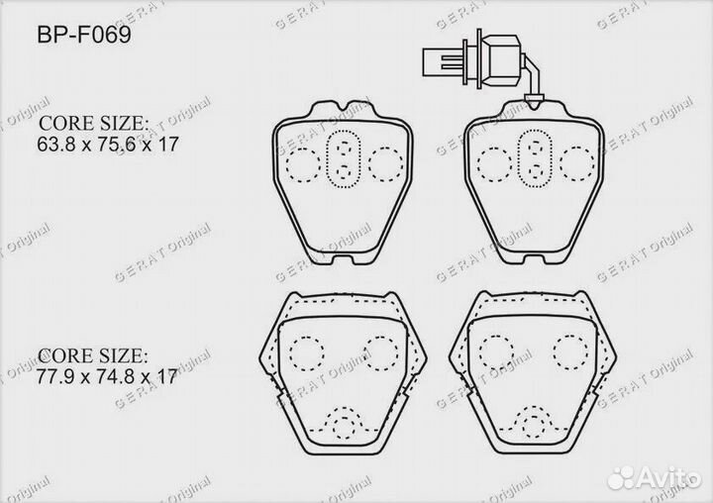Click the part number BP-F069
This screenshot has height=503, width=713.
pyautogui.click(x=84, y=35)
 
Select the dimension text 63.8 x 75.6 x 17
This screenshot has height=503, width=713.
pyautogui.click(x=108, y=145)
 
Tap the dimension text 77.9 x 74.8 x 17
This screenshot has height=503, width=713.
pyautogui.click(x=107, y=376)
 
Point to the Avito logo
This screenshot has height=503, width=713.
pyautogui.click(x=655, y=477)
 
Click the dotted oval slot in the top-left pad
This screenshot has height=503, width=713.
pyautogui.click(x=344, y=158)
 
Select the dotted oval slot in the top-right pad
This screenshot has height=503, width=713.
pyautogui.click(x=535, y=158)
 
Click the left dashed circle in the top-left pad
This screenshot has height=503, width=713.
pyautogui.click(x=303, y=164)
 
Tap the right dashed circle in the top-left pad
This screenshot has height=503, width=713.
pyautogui.click(x=385, y=163)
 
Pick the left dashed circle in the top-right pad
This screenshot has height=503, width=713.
pyautogui.click(x=495, y=164)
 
